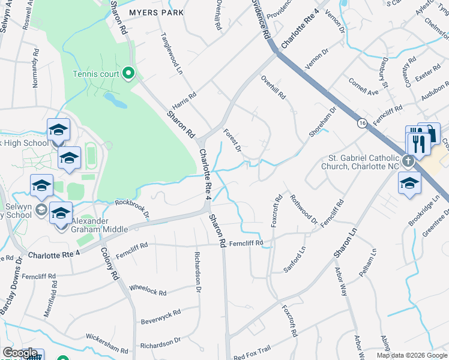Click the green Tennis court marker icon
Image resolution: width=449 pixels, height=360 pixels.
(x=127, y=74)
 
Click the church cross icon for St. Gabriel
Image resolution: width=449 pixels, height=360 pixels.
(x=408, y=161)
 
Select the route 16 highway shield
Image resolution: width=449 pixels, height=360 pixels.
(x=362, y=122)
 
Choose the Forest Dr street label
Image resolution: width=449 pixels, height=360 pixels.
(x=232, y=140)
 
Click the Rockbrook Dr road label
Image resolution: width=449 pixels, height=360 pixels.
(x=131, y=208)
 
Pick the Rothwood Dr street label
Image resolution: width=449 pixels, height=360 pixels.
(x=304, y=209)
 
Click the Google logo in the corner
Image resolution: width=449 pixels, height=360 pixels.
(x=19, y=353)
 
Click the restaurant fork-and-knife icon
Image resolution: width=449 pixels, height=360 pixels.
(x=418, y=144)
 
